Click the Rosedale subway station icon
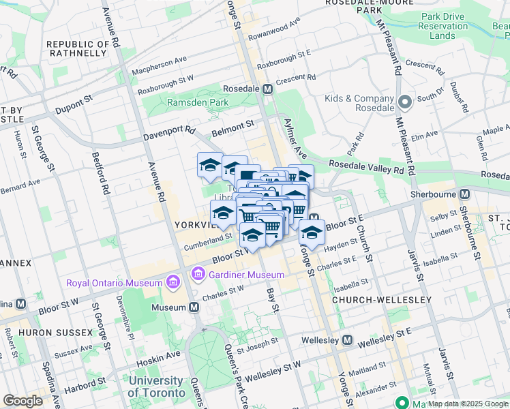pos(269,89)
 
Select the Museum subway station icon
pos(194,307)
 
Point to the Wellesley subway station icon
pos(348,339)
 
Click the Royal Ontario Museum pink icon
pos(172,282)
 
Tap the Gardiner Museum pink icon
pos(198,275)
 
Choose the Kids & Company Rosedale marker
pos(405,103)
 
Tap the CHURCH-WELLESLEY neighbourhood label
pos(381,300)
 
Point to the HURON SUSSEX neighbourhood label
pos(55,332)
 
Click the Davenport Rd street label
pos(169,134)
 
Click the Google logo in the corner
pos(23,401)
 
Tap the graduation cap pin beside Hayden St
pos(312,233)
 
